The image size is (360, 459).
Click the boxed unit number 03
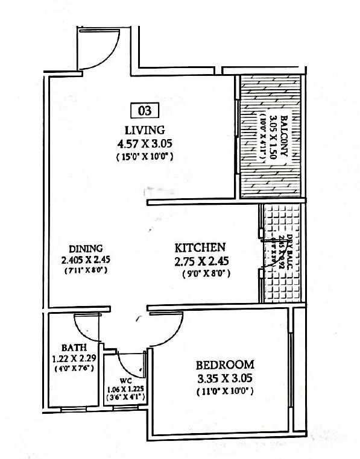click(x=144, y=110)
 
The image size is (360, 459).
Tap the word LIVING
click(x=144, y=130)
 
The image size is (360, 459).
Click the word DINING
click(x=86, y=248)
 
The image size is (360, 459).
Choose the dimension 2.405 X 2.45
click(x=86, y=260)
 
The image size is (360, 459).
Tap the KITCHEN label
click(x=200, y=248)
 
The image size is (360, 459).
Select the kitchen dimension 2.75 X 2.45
click(x=201, y=261)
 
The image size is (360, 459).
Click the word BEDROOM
click(x=224, y=365)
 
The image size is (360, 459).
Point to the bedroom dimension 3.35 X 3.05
click(x=224, y=379)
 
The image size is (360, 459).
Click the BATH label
click(x=74, y=348)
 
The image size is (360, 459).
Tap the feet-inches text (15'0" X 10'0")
click(x=144, y=157)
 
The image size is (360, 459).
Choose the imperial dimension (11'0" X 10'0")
click(x=224, y=392)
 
